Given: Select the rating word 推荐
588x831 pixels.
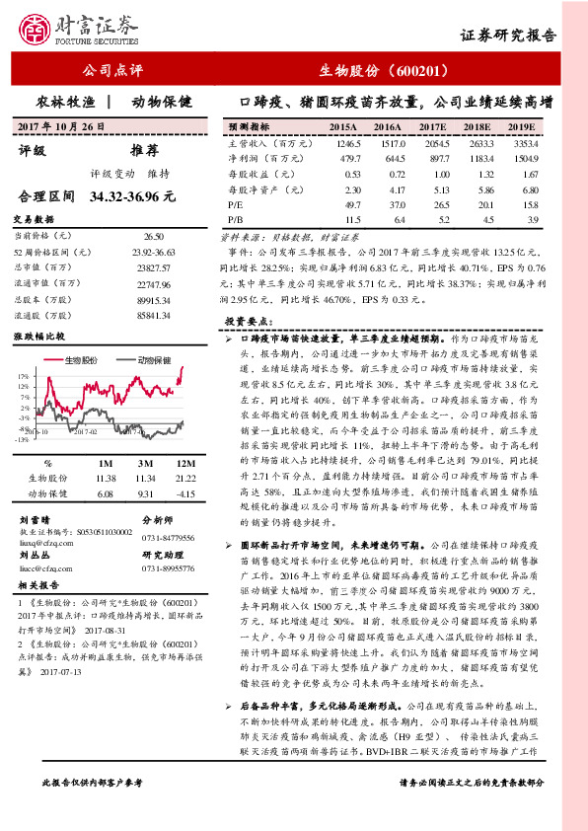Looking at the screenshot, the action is pyautogui.click(x=144, y=152).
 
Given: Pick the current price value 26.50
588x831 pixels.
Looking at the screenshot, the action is pyautogui.click(x=153, y=237).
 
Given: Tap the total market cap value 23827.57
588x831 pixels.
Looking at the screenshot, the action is pyautogui.click(x=153, y=267).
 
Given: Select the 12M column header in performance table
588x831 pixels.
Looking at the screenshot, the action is pyautogui.click(x=183, y=464).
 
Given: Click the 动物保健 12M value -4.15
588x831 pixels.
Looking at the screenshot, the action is pyautogui.click(x=183, y=491).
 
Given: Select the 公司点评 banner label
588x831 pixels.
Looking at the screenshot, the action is pyautogui.click(x=113, y=71).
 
